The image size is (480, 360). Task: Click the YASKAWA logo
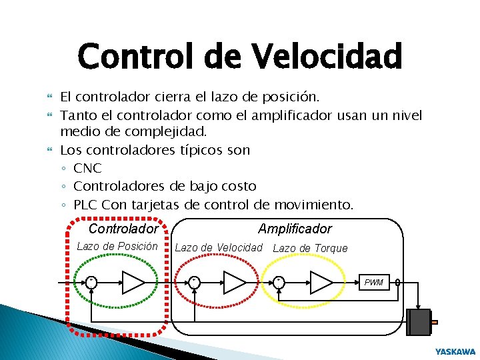tap(455, 351)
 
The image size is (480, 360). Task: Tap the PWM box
tap(374, 283)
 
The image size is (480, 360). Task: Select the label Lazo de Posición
tap(117, 246)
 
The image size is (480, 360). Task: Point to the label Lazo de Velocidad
tap(219, 248)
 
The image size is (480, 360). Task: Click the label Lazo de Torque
tap(311, 248)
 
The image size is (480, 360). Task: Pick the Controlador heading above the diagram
tap(123, 229)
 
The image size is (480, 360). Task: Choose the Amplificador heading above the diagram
tap(295, 229)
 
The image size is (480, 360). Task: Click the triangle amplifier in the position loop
tap(133, 283)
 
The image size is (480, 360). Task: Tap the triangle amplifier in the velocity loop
tap(234, 283)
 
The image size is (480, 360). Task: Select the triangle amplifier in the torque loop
tap(321, 283)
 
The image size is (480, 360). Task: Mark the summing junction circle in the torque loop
tap(279, 283)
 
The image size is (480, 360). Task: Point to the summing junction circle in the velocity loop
tap(193, 283)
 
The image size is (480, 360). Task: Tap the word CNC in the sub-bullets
tap(87, 168)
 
